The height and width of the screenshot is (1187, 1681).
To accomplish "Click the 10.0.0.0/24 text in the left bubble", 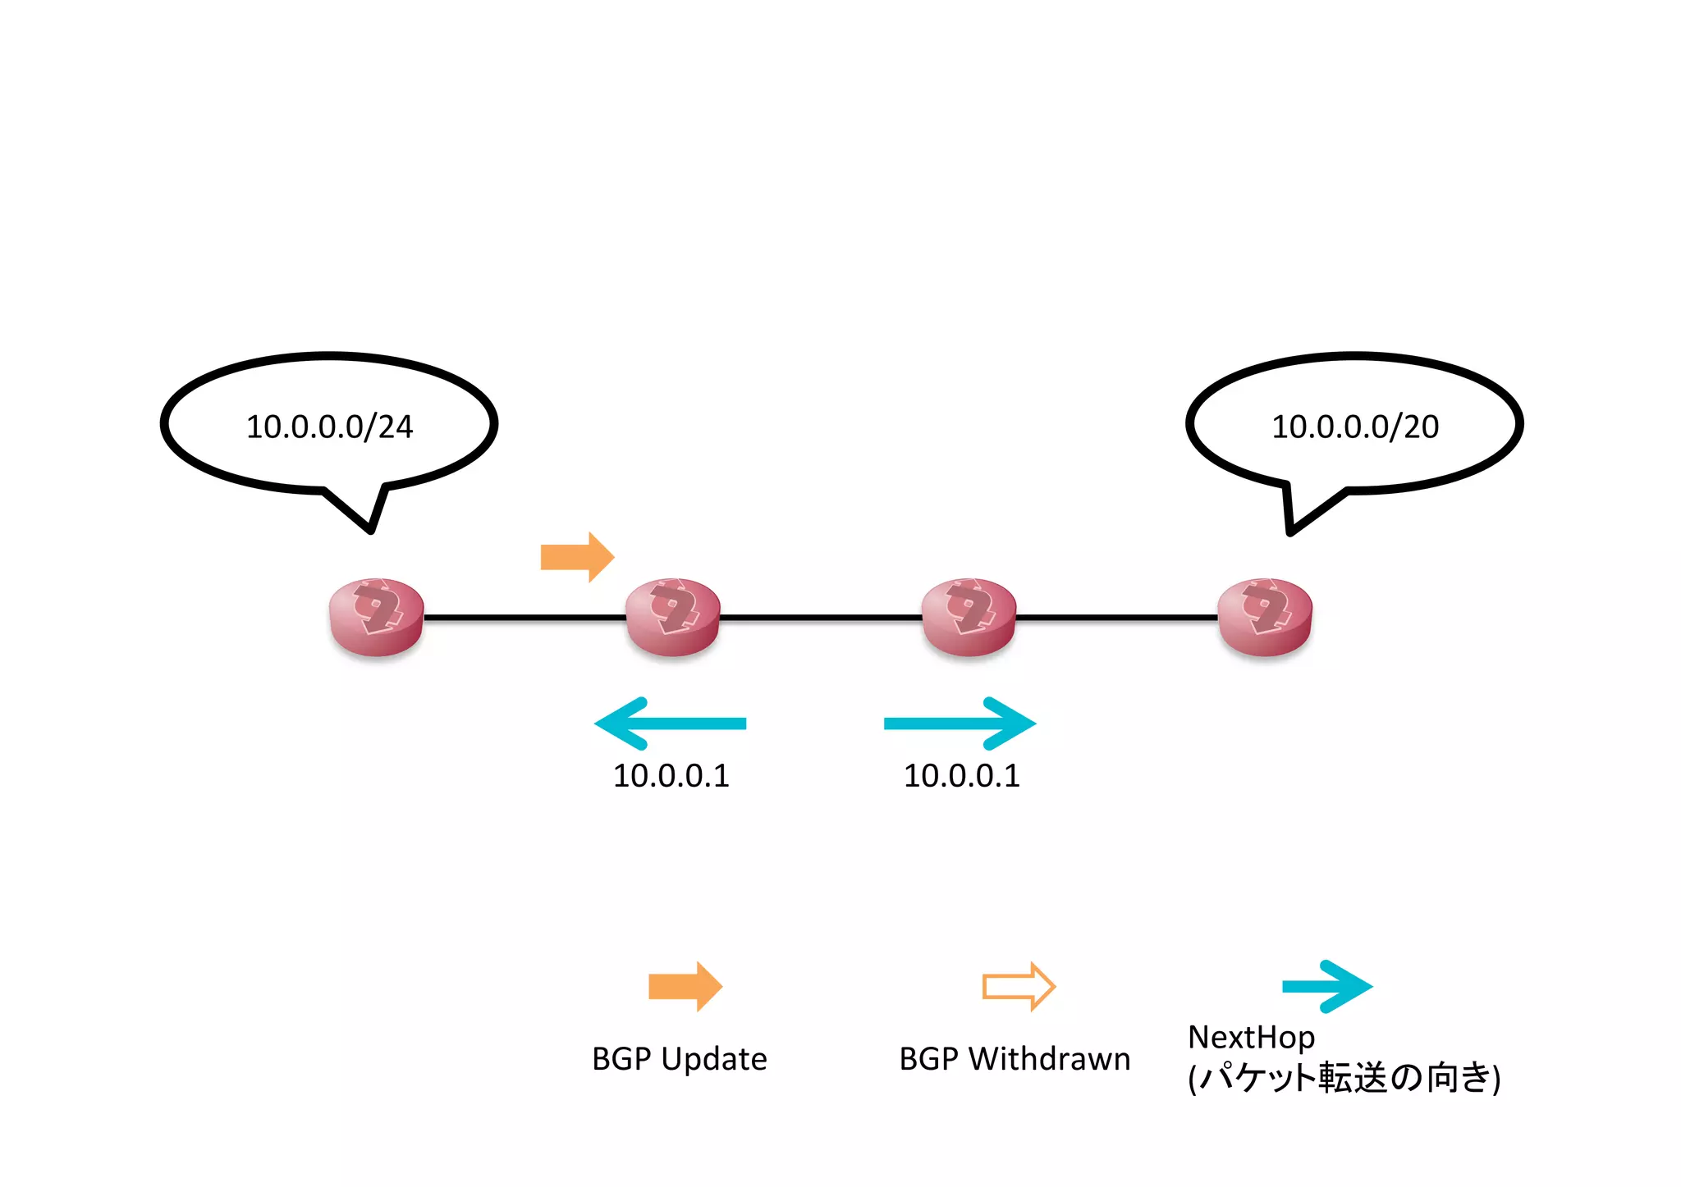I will (329, 427).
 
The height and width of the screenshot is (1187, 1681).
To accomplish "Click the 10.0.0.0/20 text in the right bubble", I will (1354, 427).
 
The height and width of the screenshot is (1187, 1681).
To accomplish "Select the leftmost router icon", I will (377, 617).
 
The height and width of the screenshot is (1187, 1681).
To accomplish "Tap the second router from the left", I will (673, 617).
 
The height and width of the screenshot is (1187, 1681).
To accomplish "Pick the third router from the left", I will (969, 617).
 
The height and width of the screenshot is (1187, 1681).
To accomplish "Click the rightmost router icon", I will (1265, 617).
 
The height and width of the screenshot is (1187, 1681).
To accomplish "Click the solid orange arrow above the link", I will (577, 557).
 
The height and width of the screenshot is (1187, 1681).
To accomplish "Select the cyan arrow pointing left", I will (670, 724).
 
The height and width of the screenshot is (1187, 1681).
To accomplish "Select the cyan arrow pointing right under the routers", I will (960, 724).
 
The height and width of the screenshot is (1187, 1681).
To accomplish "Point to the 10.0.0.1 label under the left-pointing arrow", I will (671, 776).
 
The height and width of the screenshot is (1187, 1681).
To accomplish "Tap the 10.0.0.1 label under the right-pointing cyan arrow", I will (961, 776).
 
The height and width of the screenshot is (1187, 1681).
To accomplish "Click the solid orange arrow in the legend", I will (685, 986).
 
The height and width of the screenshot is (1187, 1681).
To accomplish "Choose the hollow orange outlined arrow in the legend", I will (1018, 986).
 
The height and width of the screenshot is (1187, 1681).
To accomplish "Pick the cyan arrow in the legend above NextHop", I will (1326, 986).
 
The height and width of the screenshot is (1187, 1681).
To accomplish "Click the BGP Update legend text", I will (679, 1059).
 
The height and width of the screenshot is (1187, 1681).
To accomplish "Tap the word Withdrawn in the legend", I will (1049, 1059).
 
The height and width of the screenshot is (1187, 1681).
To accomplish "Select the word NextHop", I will (1251, 1038).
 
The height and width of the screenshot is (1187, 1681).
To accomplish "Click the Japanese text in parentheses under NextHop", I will (1344, 1078).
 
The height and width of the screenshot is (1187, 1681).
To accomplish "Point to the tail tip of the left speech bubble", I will (371, 531).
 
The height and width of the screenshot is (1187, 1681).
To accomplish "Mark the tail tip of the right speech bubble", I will (1290, 532).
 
